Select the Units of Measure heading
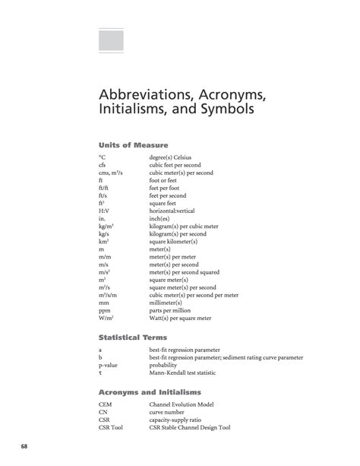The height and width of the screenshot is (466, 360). point(133,144)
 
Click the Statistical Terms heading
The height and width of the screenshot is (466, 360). point(134,336)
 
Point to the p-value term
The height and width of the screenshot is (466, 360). point(109,365)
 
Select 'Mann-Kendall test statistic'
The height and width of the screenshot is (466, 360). point(187,373)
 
